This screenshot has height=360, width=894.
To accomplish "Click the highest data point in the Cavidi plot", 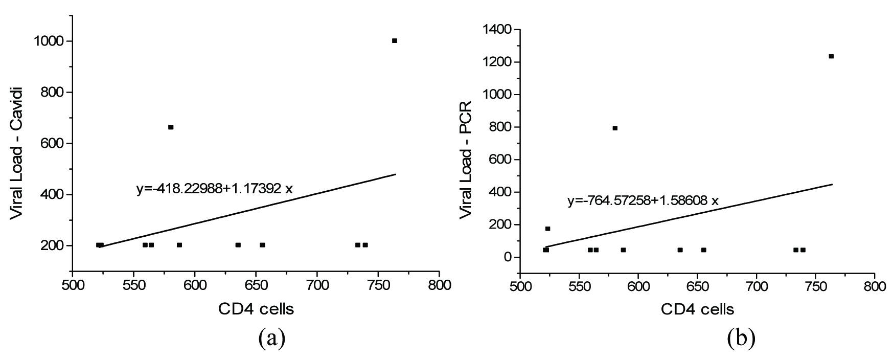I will tap(394, 41).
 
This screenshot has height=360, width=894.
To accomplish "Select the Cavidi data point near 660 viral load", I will tap(171, 127).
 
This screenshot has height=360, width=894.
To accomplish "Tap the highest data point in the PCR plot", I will tap(831, 56).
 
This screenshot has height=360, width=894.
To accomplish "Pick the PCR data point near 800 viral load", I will tap(615, 128).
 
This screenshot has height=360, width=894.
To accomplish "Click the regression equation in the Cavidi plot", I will tap(214, 189).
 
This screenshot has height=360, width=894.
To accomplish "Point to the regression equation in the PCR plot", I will tap(643, 201).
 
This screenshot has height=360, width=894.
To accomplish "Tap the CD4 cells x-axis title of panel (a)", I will tap(256, 309).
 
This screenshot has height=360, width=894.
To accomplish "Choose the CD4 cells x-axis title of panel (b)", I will tap(697, 309).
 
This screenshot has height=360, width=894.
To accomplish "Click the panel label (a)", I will tap(271, 337).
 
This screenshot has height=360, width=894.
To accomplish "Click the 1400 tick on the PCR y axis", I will tap(496, 30).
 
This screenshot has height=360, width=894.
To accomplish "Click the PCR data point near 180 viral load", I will tap(547, 229).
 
